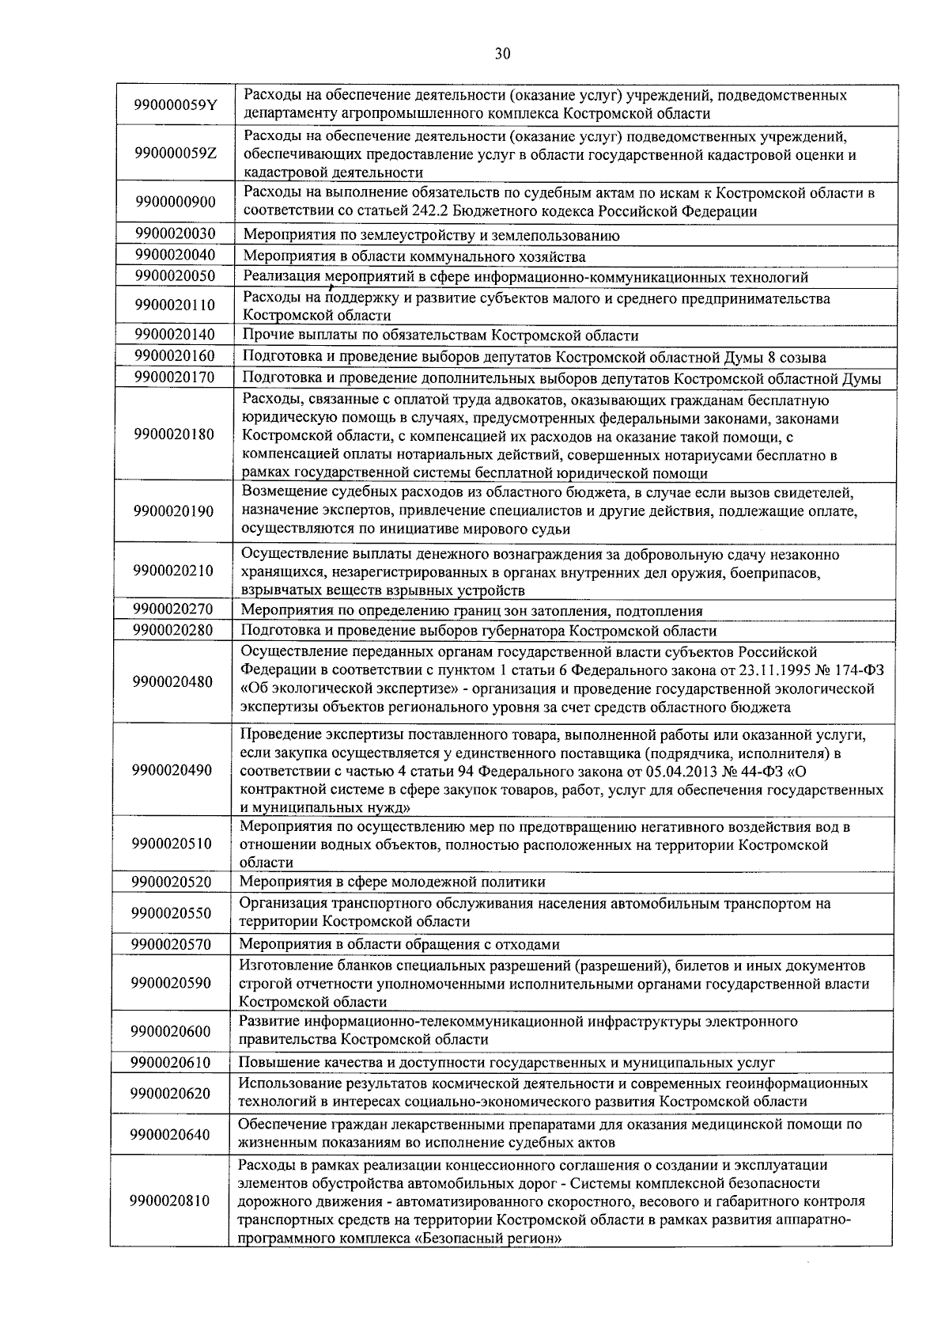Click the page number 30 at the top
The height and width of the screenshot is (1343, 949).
pos(502,54)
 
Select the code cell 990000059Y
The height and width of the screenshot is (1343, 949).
pos(175,105)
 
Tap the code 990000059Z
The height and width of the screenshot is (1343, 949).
pos(175,154)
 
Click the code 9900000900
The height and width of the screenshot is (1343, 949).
pos(175,202)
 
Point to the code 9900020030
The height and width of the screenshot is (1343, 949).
pos(175,234)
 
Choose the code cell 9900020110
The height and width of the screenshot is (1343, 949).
pos(175,305)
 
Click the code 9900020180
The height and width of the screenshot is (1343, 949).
pos(175,434)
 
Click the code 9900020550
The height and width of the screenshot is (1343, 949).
pos(172,912)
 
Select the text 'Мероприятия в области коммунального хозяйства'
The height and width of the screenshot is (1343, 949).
pos(414,256)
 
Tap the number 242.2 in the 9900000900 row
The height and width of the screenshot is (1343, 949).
pos(430,211)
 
